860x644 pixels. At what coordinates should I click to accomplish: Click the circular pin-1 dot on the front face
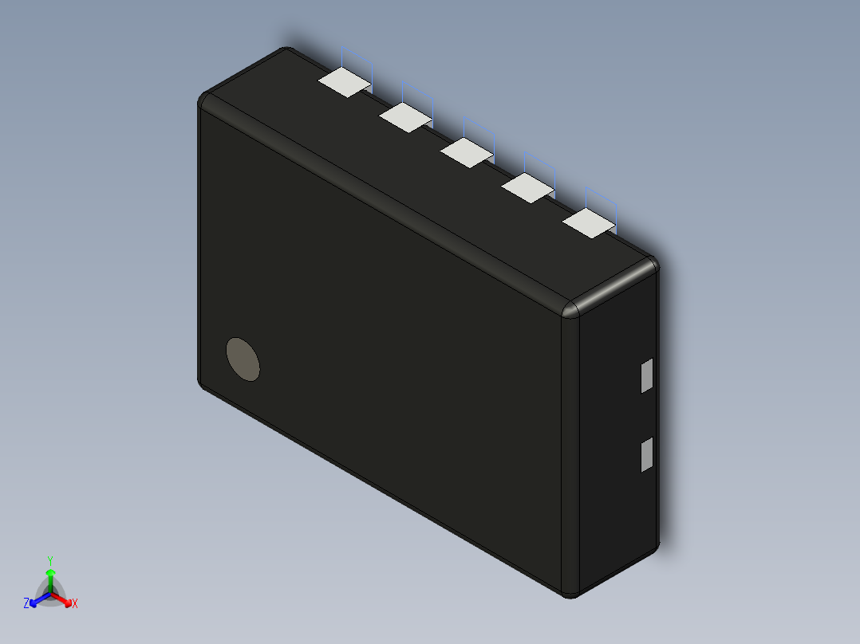coord(243,359)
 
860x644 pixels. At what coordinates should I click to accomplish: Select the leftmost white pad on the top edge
coord(345,81)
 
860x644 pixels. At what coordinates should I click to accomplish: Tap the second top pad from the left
coord(406,116)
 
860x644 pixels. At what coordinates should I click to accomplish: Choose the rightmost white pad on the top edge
coord(590,223)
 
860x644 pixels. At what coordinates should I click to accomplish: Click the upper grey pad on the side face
coord(647,375)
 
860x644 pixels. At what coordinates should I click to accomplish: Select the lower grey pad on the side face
coord(647,454)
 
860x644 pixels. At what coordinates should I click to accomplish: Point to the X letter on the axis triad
coord(75,604)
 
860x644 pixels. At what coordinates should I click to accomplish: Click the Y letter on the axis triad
coord(50,560)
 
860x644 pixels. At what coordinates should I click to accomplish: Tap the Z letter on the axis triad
coord(26,604)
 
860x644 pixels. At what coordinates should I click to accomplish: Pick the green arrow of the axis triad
coord(50,578)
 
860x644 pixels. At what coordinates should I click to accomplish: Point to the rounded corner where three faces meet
coord(572,308)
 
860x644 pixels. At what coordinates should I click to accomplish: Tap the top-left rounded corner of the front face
coord(205,100)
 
